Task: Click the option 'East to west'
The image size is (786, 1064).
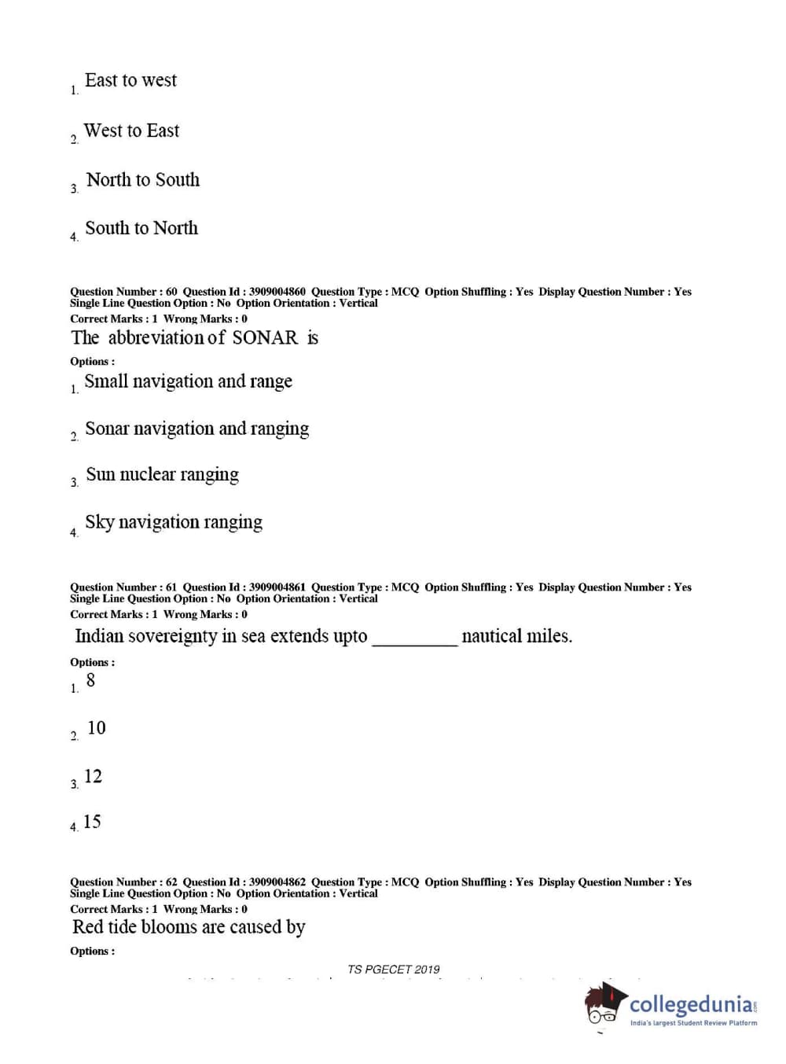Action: pos(130,81)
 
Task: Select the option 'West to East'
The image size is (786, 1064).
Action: pos(131,131)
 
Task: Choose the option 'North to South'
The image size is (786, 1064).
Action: pos(142,180)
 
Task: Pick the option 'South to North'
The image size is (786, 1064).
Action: pos(141,229)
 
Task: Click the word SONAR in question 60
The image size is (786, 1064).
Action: pos(265,338)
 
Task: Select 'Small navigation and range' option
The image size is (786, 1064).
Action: pos(188,382)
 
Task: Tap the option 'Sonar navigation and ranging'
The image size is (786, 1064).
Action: pos(196,429)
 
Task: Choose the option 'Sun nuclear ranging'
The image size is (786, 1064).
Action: pos(162,475)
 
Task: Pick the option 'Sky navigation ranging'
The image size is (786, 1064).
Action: pos(173,523)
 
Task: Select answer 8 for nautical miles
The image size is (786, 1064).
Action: pos(90,681)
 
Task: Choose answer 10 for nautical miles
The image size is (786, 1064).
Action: pos(96,729)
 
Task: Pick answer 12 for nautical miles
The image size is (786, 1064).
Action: pos(93,777)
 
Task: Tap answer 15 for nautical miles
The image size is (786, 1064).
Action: pos(92,823)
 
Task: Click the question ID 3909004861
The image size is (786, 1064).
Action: pos(277,587)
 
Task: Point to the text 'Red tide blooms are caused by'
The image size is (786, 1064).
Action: pos(189,928)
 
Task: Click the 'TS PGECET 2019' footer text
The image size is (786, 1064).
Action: pos(393,970)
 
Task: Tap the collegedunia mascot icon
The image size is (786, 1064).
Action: pos(604,1003)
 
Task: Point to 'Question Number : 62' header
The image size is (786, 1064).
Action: pos(123,882)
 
